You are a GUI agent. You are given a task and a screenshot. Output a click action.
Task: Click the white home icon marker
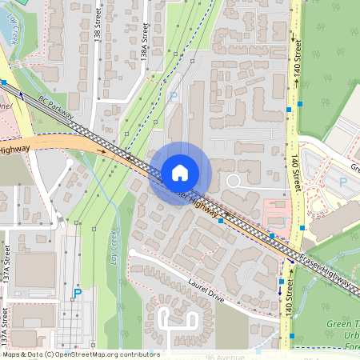[180, 172]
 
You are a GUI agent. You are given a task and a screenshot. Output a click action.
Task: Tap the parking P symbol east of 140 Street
[343, 182]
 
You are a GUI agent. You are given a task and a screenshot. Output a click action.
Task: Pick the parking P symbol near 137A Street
[78, 294]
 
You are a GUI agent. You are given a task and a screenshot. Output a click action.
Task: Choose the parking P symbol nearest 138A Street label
[174, 97]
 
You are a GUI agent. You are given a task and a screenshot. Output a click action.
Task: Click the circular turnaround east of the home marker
[234, 182]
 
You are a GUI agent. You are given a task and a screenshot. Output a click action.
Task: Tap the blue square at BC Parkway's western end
[4, 82]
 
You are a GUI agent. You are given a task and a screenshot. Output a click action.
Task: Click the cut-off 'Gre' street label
[352, 169]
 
